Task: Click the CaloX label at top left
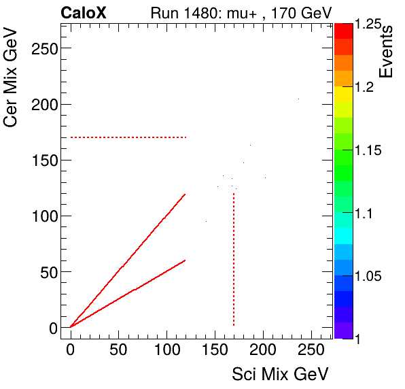pyautogui.click(x=83, y=12)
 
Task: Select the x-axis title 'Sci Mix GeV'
pyautogui.click(x=281, y=373)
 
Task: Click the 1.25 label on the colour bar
pyautogui.click(x=369, y=24)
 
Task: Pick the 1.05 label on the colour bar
pyautogui.click(x=369, y=276)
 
